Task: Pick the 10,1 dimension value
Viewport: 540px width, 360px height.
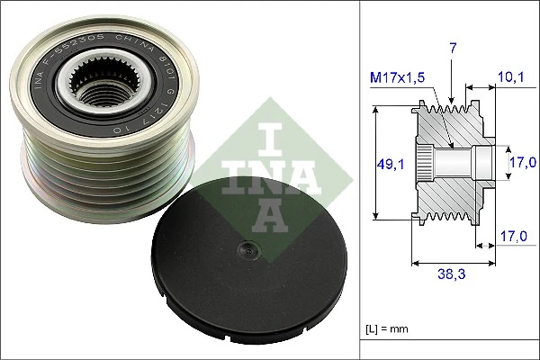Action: click(x=510, y=77)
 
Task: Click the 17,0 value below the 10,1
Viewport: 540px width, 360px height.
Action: click(x=523, y=162)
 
